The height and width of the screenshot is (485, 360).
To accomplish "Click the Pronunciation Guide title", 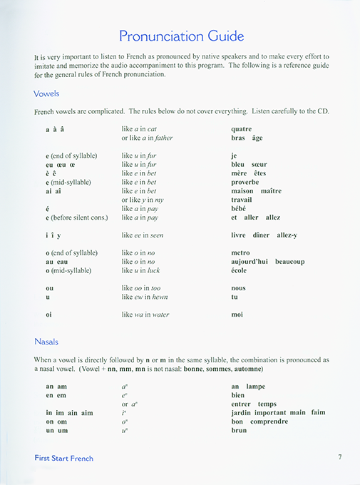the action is click(x=181, y=36).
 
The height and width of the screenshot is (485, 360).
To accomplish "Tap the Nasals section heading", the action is click(x=48, y=342).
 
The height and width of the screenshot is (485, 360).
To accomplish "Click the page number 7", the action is click(x=340, y=457).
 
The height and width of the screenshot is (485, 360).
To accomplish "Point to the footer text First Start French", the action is click(x=63, y=458).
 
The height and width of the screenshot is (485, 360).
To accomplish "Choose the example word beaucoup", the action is click(x=289, y=262).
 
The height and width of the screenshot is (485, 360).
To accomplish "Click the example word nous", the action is click(x=239, y=288).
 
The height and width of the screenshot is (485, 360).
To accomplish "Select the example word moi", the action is click(x=237, y=315).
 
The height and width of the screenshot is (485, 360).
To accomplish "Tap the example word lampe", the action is click(x=255, y=387).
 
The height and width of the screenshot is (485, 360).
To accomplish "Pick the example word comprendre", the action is click(x=269, y=422).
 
